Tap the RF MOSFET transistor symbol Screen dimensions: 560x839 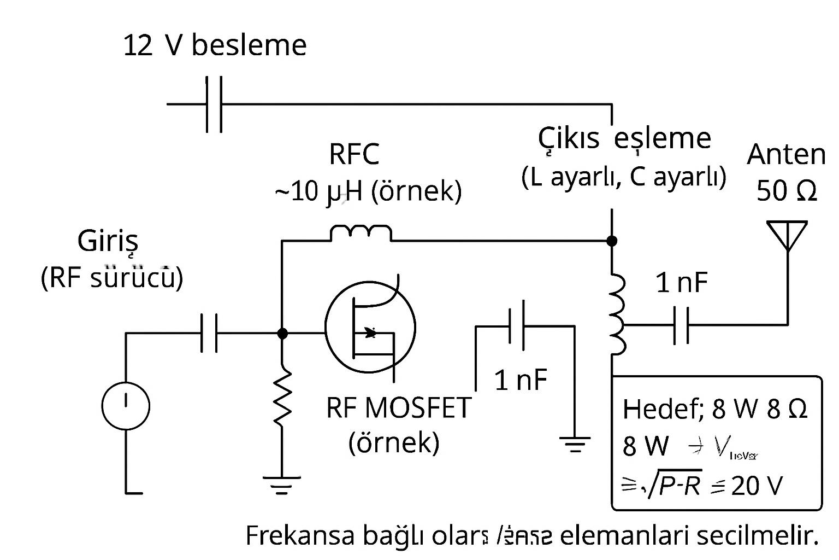point(370,328)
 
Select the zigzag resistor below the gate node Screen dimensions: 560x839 point(282,398)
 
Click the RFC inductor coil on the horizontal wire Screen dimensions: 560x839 point(361,233)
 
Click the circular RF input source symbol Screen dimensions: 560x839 point(126,406)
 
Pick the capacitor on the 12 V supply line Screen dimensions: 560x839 point(214,104)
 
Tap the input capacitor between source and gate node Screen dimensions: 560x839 point(209,332)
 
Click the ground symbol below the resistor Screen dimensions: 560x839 point(282,485)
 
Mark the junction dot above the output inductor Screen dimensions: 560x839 point(612,241)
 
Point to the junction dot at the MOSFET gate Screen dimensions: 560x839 point(282,332)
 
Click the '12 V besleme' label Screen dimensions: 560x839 point(214,45)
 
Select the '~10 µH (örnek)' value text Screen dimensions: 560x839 point(368,191)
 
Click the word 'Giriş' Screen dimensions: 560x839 point(108,241)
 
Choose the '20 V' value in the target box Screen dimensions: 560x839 point(757,485)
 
